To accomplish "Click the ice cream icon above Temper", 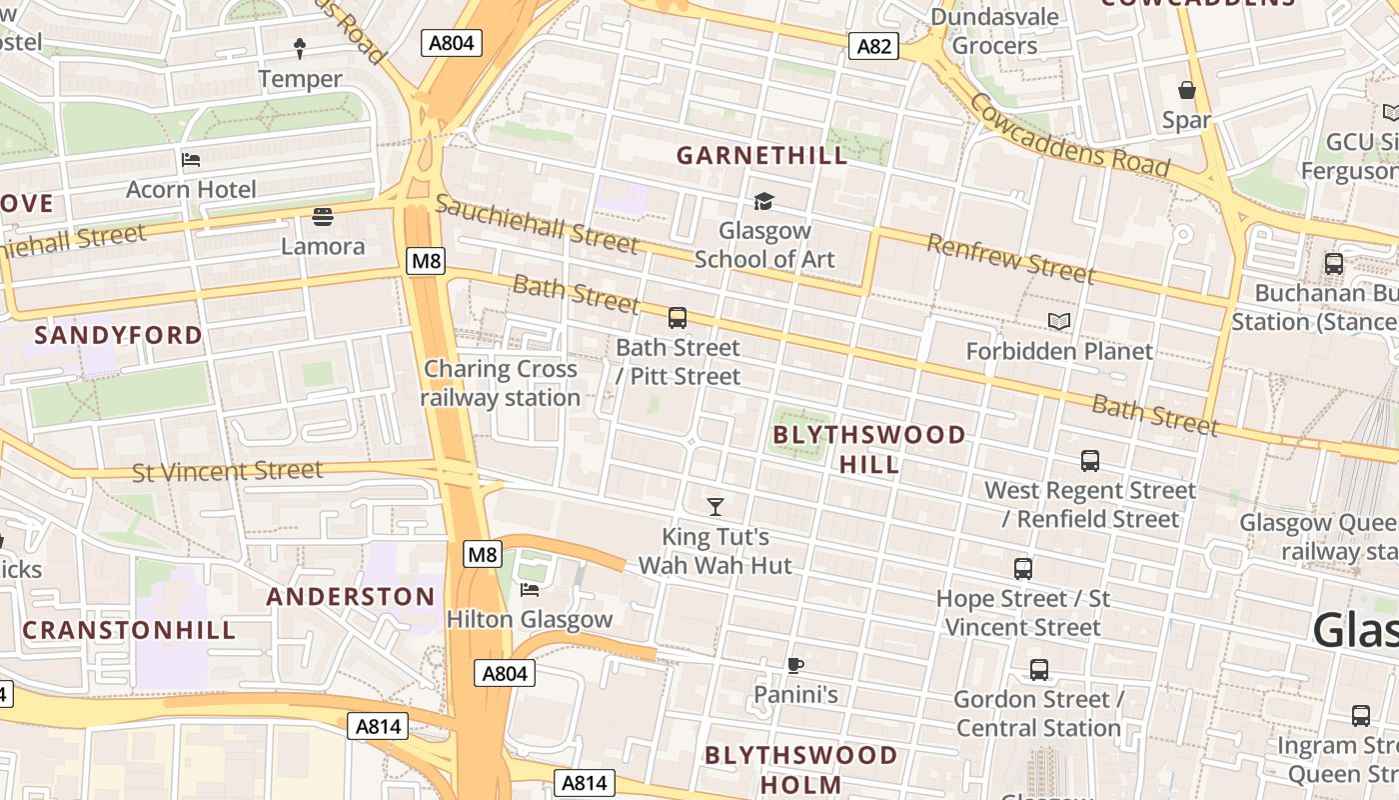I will (x=300, y=48).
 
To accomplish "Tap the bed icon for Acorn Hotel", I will (x=191, y=160).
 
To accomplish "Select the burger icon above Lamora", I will (x=322, y=216).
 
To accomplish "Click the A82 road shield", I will (x=873, y=46).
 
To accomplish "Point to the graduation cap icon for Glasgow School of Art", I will (x=763, y=202).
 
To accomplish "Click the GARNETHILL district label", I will (x=761, y=155).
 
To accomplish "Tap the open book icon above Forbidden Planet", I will (x=1059, y=321).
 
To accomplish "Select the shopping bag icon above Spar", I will (x=1187, y=91).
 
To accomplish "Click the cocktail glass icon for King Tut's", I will (x=715, y=507).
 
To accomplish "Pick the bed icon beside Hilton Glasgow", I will (x=530, y=590).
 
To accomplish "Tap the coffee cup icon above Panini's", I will (x=795, y=665).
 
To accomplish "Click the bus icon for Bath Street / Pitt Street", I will (x=678, y=319).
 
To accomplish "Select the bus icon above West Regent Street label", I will (x=1090, y=461).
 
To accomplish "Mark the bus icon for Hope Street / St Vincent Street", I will (x=1023, y=569).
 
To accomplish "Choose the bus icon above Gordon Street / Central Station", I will (x=1039, y=670).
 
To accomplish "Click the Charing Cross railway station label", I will (x=500, y=383).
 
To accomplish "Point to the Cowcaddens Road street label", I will (x=1068, y=135).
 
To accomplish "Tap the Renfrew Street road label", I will (x=1010, y=257).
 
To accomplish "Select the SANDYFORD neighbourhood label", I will (x=118, y=335).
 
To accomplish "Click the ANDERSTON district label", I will (x=351, y=597).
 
